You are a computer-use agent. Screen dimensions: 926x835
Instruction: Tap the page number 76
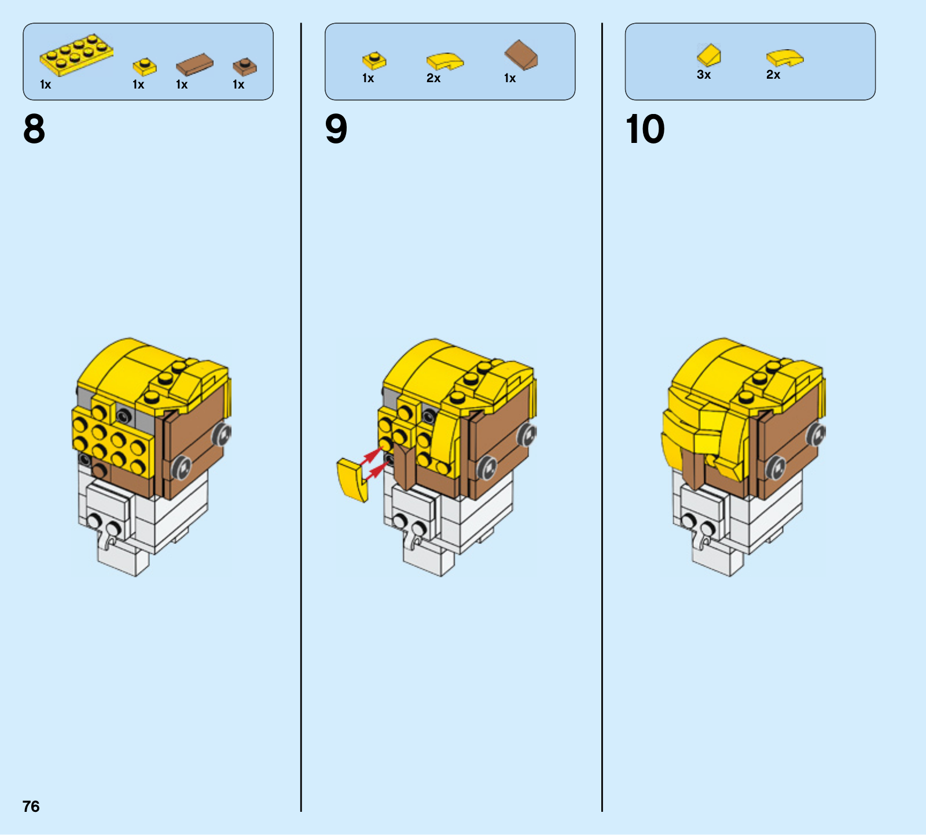31,806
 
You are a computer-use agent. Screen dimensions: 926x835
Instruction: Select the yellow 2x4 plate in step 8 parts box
76,55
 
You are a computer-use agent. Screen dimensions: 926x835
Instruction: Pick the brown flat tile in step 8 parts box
194,65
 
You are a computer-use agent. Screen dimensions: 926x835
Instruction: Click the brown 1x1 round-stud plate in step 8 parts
245,67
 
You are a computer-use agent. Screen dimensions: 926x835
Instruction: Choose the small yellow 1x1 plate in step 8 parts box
145,67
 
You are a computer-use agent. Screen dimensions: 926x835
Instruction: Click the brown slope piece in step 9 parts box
521,55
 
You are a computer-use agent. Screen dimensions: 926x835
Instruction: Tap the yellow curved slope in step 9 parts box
445,61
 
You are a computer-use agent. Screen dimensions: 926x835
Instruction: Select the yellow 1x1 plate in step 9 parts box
374,60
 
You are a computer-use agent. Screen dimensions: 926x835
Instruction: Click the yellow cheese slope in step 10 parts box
709,55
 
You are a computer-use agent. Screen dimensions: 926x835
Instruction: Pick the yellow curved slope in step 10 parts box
785,58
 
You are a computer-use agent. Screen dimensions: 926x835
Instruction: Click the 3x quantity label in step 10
704,75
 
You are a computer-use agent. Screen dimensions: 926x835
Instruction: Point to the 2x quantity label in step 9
433,78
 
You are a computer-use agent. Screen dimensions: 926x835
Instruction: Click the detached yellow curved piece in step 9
351,479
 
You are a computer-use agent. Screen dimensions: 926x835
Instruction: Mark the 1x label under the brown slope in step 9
510,78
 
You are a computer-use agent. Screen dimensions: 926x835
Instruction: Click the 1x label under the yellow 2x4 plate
46,84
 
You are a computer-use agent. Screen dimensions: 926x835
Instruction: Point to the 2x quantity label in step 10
773,75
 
